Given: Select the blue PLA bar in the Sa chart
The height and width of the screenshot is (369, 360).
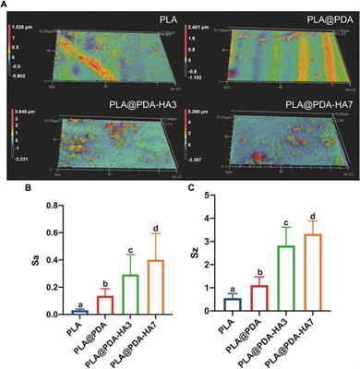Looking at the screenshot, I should (54, 312).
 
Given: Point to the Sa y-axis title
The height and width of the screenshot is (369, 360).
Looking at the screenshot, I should (12, 262).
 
